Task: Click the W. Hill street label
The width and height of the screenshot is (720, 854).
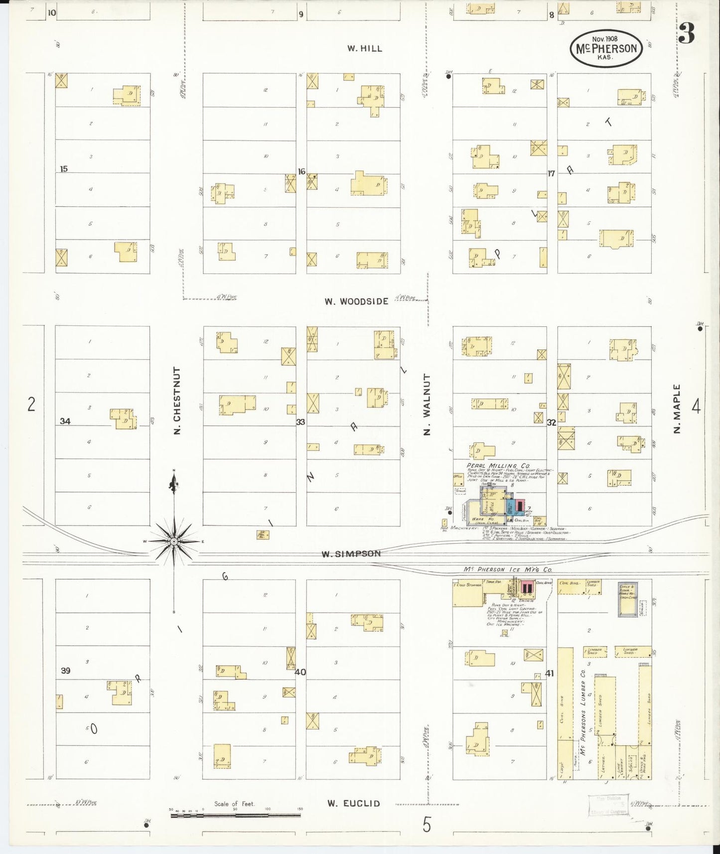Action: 365,48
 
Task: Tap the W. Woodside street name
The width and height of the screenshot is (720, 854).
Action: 356,301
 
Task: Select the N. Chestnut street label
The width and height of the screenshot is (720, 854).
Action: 177,401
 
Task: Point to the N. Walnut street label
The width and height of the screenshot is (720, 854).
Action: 427,405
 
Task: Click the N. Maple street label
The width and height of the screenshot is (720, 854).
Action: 677,409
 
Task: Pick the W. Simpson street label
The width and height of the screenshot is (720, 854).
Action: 351,554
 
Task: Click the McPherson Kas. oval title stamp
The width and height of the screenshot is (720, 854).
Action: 606,48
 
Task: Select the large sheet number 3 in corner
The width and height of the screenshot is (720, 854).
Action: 687,34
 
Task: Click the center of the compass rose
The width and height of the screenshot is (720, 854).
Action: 174,541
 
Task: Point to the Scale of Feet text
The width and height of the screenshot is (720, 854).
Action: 234,804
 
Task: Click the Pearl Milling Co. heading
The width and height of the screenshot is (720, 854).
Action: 498,465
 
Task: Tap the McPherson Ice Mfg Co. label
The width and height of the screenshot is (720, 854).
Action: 507,569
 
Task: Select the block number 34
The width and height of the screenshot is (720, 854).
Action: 65,422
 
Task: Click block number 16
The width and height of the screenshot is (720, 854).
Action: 301,171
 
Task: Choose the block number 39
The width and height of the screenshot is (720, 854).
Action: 65,671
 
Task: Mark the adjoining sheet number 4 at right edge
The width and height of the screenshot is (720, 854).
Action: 696,407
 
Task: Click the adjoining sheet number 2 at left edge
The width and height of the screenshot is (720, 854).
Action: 31,404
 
